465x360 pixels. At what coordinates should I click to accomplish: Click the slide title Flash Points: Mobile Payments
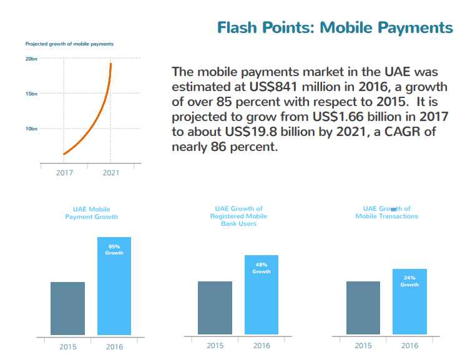335,27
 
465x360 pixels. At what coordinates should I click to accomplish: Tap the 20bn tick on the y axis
31,59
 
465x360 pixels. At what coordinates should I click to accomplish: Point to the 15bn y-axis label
31,94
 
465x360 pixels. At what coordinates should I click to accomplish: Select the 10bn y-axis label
31,129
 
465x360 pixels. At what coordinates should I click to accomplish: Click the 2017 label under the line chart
64,173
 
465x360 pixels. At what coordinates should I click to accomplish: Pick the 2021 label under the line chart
110,173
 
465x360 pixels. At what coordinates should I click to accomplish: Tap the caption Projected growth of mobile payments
69,44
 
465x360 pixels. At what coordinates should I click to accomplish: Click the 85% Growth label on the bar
114,250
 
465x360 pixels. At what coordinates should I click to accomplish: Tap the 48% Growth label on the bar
262,268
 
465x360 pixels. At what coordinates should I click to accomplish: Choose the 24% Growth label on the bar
409,281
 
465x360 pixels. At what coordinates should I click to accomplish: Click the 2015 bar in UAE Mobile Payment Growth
67,308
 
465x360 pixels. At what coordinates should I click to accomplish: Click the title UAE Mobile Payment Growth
91,213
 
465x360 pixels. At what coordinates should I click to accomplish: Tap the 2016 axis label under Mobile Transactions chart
409,346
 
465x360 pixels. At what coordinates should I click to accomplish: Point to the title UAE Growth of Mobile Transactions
386,212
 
